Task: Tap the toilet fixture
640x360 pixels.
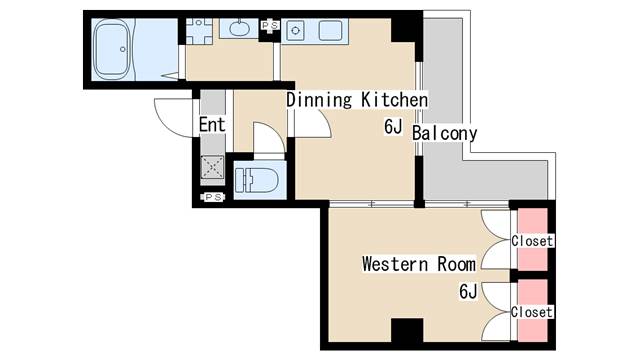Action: (x=257, y=180)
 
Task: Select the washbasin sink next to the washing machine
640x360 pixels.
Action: (x=239, y=28)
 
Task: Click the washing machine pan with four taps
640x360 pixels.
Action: (x=199, y=31)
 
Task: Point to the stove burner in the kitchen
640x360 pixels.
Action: (x=295, y=31)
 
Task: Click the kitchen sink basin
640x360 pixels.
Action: (x=330, y=31)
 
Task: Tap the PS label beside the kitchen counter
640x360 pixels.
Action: (x=269, y=26)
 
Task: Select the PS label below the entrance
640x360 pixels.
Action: (x=213, y=197)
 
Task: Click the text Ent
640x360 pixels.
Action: (x=212, y=125)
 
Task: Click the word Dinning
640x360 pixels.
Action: (x=319, y=100)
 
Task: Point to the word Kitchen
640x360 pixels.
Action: (x=394, y=100)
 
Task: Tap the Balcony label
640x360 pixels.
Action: (x=444, y=134)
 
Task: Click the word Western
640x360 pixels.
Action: (x=395, y=264)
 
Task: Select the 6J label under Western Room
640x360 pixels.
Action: (x=468, y=291)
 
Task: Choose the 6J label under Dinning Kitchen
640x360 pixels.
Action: (x=393, y=127)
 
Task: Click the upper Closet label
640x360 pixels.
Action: (x=532, y=241)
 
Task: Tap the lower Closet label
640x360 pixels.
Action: (x=532, y=312)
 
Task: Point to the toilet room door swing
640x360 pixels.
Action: (x=269, y=138)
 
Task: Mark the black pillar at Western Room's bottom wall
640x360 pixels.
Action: (x=407, y=330)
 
